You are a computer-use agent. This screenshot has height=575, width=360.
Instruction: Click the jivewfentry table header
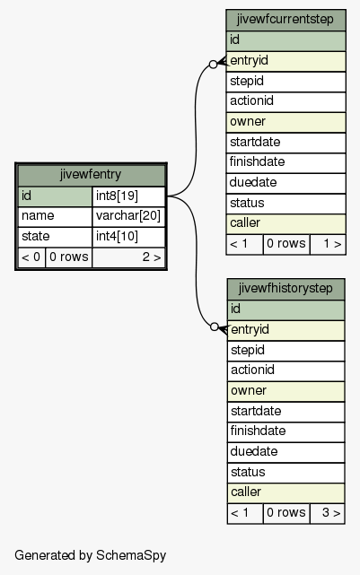tap(91, 175)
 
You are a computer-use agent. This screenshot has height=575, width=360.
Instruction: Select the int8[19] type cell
tap(128, 196)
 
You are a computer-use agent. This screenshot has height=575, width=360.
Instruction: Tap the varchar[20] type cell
tap(128, 216)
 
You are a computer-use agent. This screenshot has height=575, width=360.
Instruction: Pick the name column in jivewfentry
tap(55, 216)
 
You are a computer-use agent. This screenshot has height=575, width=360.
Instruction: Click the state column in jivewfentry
tap(55, 237)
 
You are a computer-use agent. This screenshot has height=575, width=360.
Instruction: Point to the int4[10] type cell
tap(128, 237)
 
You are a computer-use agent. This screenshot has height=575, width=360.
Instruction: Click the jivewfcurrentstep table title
tap(285, 20)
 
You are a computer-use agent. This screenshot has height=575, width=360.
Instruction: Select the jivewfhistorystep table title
tap(285, 289)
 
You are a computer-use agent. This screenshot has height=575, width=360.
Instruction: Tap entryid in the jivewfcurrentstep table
tap(285, 61)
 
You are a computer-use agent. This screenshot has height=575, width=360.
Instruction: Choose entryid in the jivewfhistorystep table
tap(285, 330)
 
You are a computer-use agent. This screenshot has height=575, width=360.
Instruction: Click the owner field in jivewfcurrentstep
tap(285, 122)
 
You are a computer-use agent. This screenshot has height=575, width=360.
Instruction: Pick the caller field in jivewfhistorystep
tap(285, 492)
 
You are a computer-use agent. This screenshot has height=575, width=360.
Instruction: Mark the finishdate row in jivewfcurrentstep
tap(285, 162)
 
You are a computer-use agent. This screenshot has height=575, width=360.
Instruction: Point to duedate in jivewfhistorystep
tap(285, 452)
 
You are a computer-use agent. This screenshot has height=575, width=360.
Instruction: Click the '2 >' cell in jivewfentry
tap(128, 257)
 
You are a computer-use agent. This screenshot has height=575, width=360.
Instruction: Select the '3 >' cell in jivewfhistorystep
tap(327, 513)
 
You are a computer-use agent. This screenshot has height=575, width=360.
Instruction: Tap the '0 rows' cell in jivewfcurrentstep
tap(285, 244)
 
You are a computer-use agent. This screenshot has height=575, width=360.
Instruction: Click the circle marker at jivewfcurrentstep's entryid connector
tap(213, 65)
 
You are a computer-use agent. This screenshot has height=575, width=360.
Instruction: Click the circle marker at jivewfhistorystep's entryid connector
tap(215, 327)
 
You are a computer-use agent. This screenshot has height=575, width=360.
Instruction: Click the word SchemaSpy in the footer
tap(131, 555)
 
